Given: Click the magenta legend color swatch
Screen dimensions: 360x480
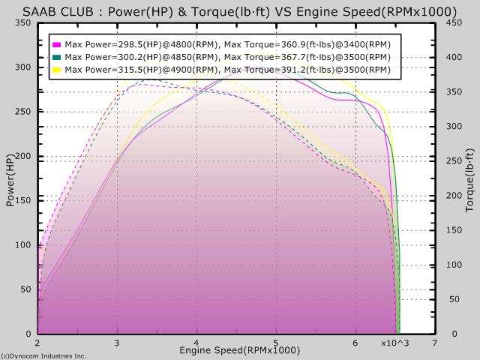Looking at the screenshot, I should tap(57, 44).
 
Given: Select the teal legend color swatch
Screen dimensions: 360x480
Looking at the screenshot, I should tap(57, 57).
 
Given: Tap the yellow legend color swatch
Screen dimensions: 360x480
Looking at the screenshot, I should tap(57, 70).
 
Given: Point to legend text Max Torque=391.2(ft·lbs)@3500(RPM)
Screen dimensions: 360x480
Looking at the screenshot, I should tap(307, 70).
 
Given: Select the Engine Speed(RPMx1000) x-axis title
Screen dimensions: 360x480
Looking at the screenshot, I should tap(239, 350).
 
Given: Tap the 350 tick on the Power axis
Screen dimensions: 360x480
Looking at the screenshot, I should tap(23, 22).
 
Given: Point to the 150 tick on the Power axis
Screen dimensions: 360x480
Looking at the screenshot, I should tap(23, 200).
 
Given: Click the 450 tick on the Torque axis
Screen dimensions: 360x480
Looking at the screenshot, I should tap(453, 22).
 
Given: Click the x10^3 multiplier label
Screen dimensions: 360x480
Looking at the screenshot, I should tap(394, 343).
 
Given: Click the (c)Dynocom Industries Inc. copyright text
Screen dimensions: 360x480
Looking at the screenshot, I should tap(43, 355).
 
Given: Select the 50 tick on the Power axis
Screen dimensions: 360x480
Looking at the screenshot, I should tap(26, 289).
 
